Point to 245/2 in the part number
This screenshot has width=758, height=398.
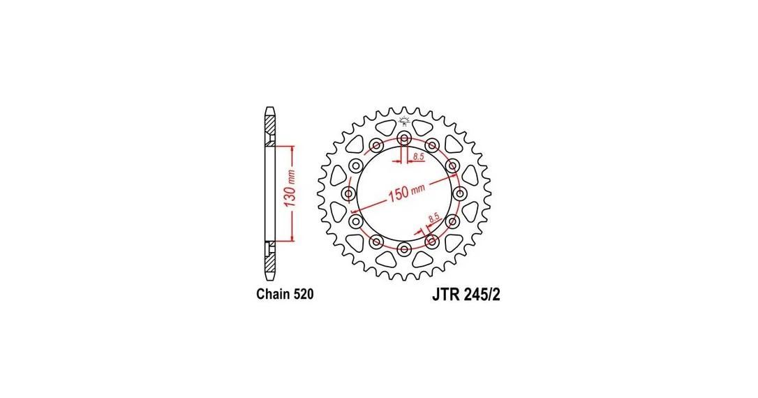click(481, 295)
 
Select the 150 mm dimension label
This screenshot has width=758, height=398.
click(406, 192)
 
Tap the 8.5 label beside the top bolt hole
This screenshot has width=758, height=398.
click(419, 156)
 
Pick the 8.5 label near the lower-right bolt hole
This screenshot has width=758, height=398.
click(434, 217)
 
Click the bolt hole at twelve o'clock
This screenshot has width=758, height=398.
click(404, 138)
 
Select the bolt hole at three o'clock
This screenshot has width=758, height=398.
click(460, 194)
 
